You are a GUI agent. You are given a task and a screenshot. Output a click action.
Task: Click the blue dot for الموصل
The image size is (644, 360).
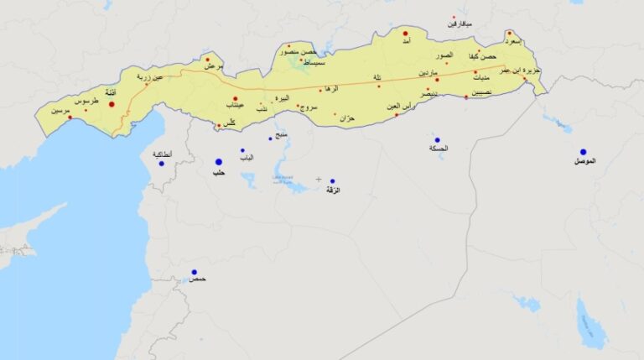(583, 152)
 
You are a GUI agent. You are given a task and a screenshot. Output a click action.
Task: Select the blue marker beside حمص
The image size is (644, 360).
(194, 272)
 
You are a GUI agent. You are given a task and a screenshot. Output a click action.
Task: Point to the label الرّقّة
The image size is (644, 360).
(331, 190)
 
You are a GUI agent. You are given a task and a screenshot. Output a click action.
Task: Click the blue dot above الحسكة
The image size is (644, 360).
(437, 140)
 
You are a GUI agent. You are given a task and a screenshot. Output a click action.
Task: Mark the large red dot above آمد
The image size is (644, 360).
(405, 34)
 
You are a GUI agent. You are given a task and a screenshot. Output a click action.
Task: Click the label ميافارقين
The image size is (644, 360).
(459, 24)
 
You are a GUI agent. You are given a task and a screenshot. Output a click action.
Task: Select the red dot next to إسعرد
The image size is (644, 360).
(509, 34)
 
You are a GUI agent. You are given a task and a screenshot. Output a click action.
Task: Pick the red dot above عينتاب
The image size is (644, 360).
(235, 98)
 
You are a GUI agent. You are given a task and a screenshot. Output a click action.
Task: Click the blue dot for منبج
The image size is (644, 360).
(270, 138)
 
